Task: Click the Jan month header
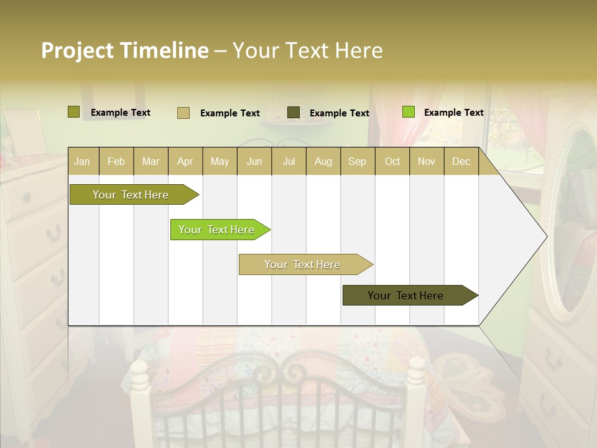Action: click(x=82, y=162)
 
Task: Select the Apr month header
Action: click(x=185, y=162)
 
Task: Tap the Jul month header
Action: click(x=289, y=162)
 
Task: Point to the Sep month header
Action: click(x=357, y=162)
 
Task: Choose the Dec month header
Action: click(x=461, y=162)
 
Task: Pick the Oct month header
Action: click(x=392, y=162)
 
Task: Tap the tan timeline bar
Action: click(x=304, y=264)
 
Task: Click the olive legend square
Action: click(x=74, y=112)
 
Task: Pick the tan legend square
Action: click(x=183, y=113)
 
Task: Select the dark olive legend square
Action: click(x=294, y=113)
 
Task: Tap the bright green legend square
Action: click(x=409, y=112)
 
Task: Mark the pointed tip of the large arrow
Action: click(x=546, y=236)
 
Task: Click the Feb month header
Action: click(x=116, y=162)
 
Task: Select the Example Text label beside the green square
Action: click(x=453, y=113)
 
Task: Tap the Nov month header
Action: click(x=427, y=162)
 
